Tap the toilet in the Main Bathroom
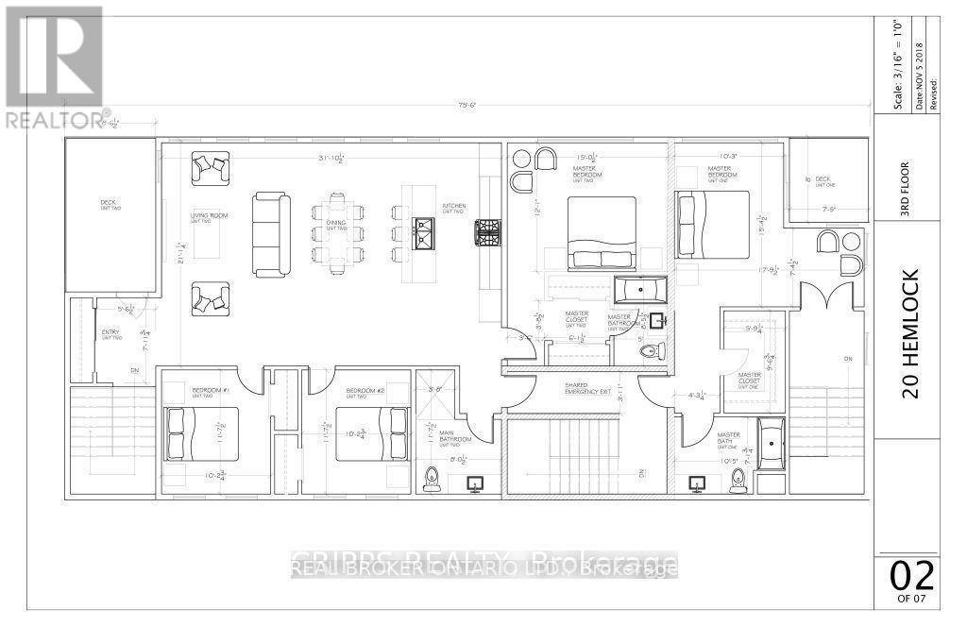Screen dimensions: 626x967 pos(433,479)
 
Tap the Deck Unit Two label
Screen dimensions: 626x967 pos(110,205)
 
